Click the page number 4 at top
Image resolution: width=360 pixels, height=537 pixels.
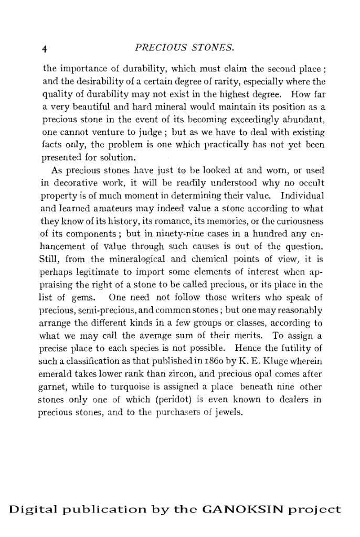45,49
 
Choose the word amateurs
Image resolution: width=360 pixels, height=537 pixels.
100,210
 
